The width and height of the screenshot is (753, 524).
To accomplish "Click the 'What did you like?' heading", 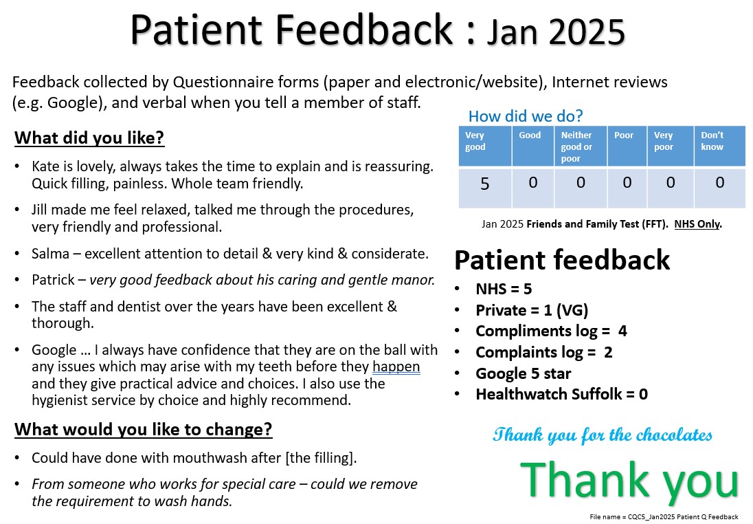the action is [89, 138].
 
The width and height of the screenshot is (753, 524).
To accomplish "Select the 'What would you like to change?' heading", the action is [143, 429].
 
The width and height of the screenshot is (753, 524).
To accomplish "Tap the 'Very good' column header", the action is [475, 141].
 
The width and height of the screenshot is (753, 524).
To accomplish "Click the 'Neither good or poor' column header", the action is [576, 146].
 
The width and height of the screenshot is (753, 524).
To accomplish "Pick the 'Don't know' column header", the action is [712, 141].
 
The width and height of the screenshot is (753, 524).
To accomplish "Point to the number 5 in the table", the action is [484, 184].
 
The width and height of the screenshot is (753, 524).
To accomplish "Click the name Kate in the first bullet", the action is [45, 166].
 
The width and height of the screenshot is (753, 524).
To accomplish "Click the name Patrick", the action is [53, 280].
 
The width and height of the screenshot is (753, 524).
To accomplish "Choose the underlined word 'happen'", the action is [396, 367].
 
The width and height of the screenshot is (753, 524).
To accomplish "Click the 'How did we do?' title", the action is [526, 116].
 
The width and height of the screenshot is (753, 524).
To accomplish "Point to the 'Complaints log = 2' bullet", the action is [543, 352].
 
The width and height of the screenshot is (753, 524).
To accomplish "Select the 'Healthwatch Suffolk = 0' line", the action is [561, 394].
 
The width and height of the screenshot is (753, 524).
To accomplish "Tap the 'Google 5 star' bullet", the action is [523, 373].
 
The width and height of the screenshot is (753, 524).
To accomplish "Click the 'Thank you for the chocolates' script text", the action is [603, 435].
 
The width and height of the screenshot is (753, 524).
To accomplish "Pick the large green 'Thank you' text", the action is [629, 481].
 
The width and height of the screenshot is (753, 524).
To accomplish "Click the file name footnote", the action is [664, 517].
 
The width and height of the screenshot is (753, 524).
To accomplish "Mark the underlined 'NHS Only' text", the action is [697, 224].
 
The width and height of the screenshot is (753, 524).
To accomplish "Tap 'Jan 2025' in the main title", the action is [556, 32].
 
